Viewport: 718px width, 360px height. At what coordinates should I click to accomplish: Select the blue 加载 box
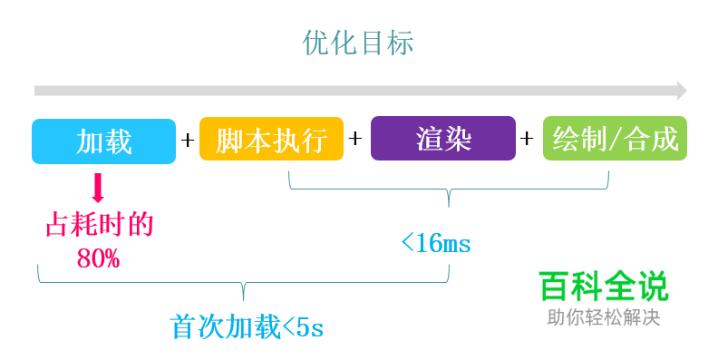click(103, 141)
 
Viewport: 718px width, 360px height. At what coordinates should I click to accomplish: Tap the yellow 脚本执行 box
click(271, 141)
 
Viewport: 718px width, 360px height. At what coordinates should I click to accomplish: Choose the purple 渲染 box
click(443, 140)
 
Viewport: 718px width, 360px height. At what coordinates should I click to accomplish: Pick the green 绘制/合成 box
click(615, 140)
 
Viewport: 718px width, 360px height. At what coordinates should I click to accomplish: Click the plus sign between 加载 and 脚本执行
click(188, 141)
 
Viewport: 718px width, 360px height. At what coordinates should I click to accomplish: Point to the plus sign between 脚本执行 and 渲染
click(356, 140)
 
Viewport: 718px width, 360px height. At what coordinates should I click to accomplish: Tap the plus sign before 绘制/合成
click(528, 140)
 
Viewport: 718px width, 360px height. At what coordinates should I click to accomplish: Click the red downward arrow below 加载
click(99, 189)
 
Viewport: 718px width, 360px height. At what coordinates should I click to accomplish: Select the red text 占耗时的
click(99, 225)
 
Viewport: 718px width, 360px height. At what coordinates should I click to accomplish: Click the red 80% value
click(98, 258)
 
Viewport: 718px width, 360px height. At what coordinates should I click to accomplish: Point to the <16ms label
click(436, 243)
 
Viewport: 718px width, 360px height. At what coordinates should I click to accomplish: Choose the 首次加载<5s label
click(247, 326)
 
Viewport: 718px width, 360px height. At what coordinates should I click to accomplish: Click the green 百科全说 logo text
click(603, 287)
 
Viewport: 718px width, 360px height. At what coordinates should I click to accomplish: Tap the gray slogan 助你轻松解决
click(603, 318)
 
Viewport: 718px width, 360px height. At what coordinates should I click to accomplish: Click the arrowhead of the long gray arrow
click(682, 91)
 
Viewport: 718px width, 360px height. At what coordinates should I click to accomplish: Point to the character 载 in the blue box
click(118, 141)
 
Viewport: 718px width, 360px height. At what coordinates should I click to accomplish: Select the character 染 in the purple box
click(458, 140)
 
